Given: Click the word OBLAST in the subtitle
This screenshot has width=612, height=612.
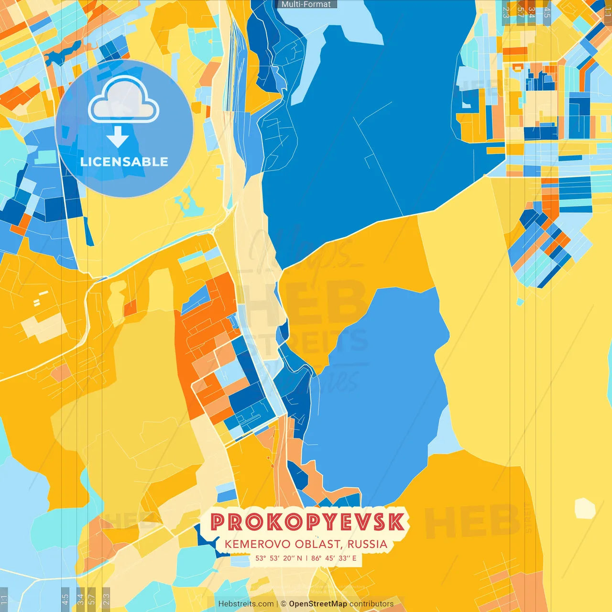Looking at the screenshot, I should pyautogui.click(x=317, y=544).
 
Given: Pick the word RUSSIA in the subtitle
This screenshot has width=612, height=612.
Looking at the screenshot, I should pyautogui.click(x=367, y=544).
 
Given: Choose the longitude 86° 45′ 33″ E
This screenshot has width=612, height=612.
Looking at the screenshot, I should pyautogui.click(x=334, y=558).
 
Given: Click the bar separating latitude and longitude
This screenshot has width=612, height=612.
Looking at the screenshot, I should pyautogui.click(x=306, y=558).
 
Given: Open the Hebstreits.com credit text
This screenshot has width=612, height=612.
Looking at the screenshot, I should pyautogui.click(x=246, y=604).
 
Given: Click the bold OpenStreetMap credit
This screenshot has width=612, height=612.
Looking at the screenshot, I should pyautogui.click(x=317, y=604).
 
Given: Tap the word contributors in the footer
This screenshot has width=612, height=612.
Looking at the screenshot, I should pyautogui.click(x=372, y=604).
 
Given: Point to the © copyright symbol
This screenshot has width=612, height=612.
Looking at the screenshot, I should pyautogui.click(x=284, y=604).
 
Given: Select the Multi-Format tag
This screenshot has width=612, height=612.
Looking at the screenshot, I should pyautogui.click(x=306, y=4).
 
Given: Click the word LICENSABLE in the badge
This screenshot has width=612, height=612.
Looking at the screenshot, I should pyautogui.click(x=124, y=162).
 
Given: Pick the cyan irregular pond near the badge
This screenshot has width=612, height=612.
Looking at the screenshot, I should pyautogui.click(x=188, y=203).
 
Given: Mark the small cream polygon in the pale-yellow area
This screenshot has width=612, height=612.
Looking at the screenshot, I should pyautogui.click(x=585, y=508).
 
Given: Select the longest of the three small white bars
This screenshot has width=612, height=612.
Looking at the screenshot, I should pyautogui.click(x=44, y=293).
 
